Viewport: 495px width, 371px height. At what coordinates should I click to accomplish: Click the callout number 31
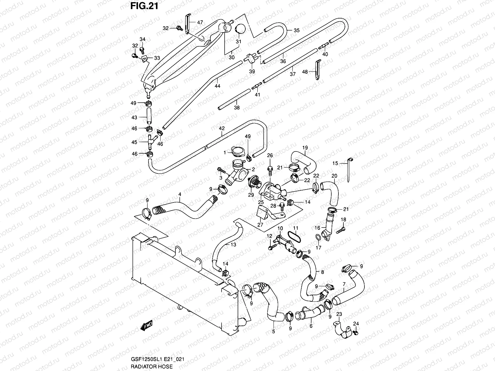239,42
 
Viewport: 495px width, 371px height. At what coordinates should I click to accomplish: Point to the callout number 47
200,22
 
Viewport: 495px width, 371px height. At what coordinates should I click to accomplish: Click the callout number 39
252,71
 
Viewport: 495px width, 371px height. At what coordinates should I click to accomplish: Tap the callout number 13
233,244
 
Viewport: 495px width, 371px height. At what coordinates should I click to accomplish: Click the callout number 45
134,142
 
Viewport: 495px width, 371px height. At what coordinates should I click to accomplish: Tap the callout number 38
237,108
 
